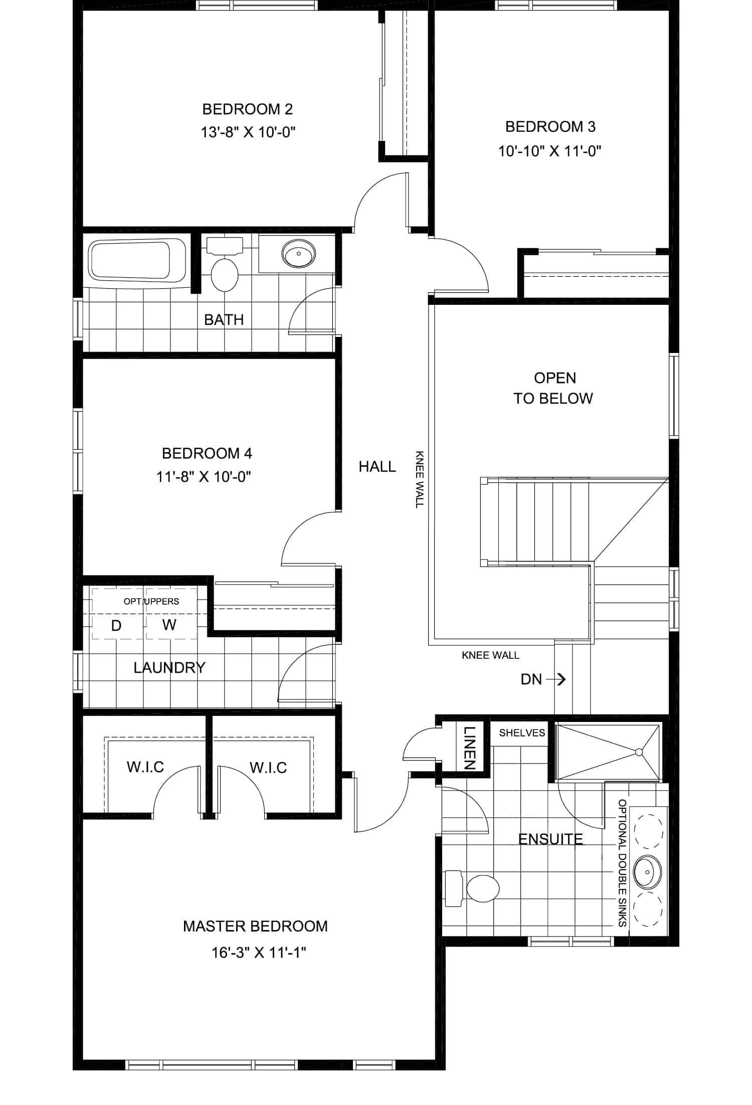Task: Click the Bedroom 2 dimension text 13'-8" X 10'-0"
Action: click(248, 132)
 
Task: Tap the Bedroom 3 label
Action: click(550, 126)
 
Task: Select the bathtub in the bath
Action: click(137, 260)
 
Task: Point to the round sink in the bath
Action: click(299, 253)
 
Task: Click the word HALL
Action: click(377, 467)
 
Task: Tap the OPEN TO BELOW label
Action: click(553, 388)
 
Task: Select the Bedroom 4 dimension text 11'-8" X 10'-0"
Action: click(204, 476)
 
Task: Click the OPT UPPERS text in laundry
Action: click(151, 601)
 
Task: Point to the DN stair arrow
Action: click(556, 679)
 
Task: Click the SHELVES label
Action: click(522, 733)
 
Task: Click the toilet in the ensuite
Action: click(472, 889)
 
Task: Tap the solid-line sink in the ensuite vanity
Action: click(648, 872)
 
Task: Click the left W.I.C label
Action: click(145, 767)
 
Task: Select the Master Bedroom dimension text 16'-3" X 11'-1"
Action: click(259, 952)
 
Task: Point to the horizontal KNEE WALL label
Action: click(490, 655)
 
